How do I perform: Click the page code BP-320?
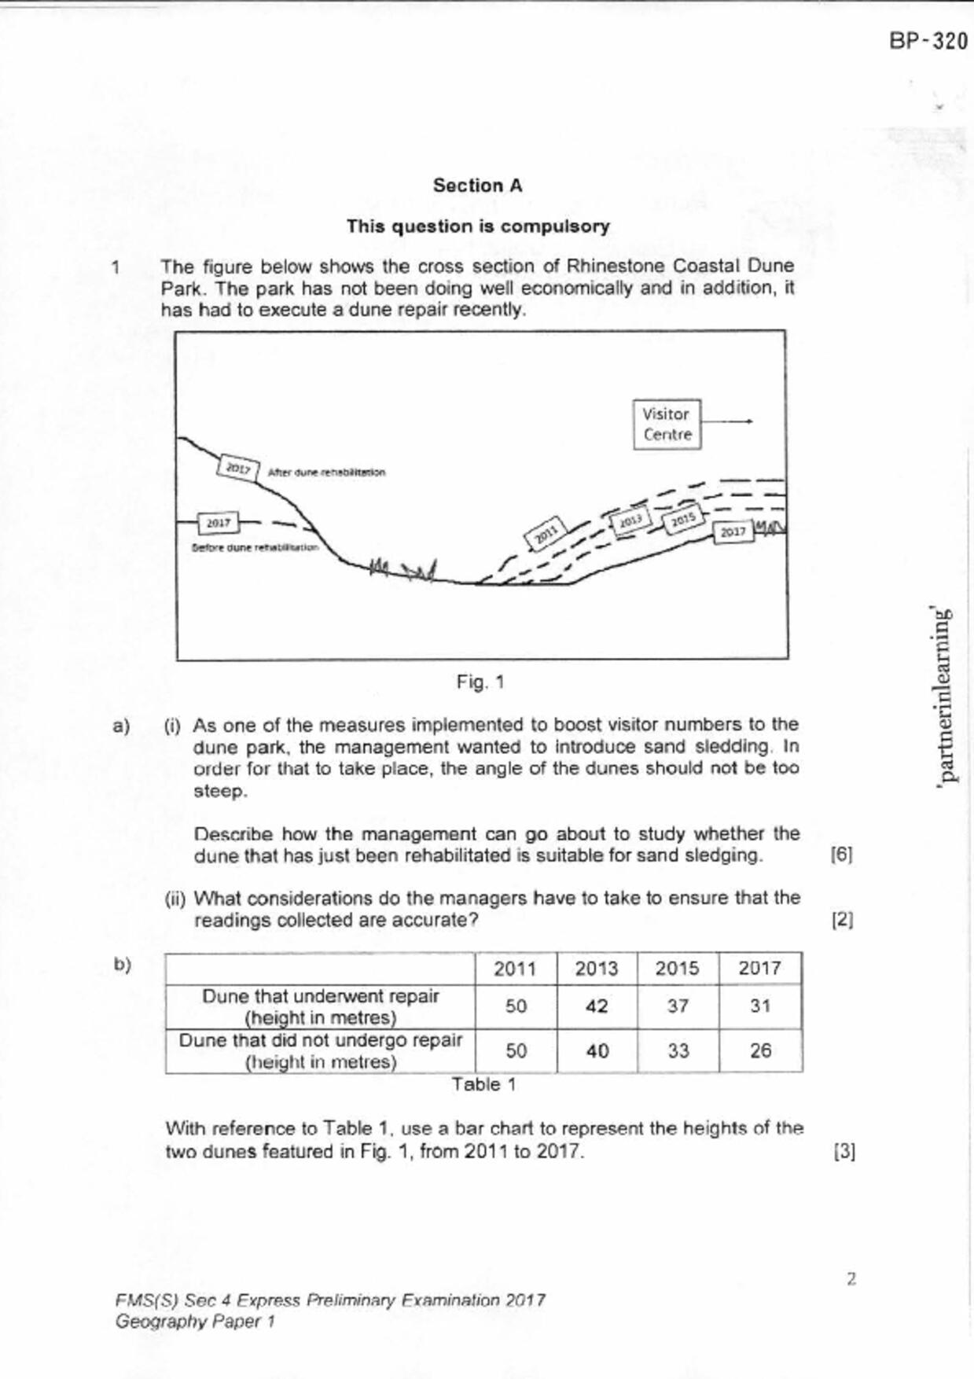click(928, 41)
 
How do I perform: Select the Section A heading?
click(477, 186)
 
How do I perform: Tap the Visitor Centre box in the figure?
click(667, 425)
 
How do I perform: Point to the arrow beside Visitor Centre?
click(726, 421)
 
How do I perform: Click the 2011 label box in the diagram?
click(546, 534)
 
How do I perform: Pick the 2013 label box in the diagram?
click(630, 521)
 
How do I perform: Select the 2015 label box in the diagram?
click(683, 519)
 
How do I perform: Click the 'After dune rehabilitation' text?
click(326, 473)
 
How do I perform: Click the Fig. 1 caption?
click(480, 682)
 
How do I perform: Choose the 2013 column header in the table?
click(596, 969)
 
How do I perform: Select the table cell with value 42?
click(597, 1006)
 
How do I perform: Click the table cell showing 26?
click(760, 1051)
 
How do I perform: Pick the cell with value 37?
click(678, 1006)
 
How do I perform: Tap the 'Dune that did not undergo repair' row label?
click(320, 1051)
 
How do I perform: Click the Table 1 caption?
click(483, 1085)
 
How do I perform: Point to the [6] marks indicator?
click(841, 855)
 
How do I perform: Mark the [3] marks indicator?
click(844, 1152)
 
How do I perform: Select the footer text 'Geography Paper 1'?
click(195, 1322)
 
